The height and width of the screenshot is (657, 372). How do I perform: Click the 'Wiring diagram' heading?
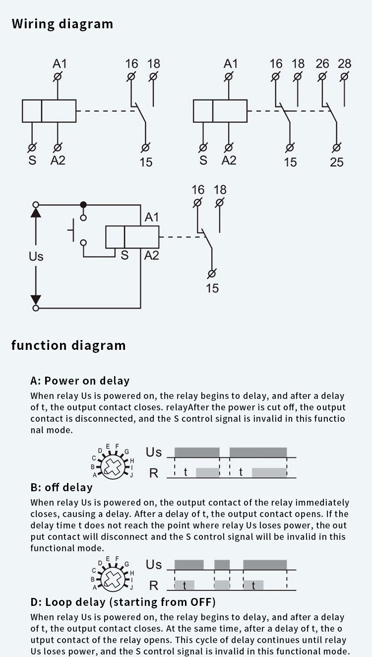coord(62,24)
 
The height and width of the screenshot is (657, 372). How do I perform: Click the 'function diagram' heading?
coord(68,345)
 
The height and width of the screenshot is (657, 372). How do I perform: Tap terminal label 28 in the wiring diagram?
coord(344,64)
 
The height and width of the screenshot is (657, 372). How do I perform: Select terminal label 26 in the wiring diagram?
coord(322,64)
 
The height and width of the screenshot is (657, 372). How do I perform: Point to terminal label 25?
coord(336,162)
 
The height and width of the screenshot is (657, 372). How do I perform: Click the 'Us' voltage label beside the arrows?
coord(36,257)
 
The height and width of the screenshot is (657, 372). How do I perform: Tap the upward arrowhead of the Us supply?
coord(36,212)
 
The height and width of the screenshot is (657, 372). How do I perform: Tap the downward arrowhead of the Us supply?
coord(36,300)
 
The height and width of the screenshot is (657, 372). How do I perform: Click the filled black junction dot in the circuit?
coord(83,204)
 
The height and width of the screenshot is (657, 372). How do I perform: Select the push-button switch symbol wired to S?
coord(77,230)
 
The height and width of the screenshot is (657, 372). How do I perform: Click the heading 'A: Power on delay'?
coord(80,381)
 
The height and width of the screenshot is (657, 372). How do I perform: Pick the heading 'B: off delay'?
coord(62,487)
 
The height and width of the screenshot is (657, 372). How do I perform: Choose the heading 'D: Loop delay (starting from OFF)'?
coord(123,602)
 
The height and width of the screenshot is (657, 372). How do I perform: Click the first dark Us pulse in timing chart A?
coord(197,452)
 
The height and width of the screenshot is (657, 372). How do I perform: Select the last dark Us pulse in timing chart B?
coord(265,565)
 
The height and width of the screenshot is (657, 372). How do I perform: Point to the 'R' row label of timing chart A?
coord(154,473)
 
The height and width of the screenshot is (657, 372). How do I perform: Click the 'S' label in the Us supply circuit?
coord(124,256)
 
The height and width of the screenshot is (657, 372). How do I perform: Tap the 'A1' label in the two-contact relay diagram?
coord(231,64)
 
